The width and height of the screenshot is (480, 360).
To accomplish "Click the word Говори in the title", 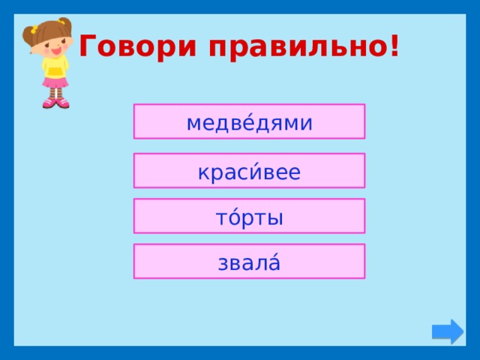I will pyautogui.click(x=137, y=47).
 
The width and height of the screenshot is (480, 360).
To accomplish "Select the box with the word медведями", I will pyautogui.click(x=249, y=121).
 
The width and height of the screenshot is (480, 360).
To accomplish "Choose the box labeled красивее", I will pyautogui.click(x=249, y=172).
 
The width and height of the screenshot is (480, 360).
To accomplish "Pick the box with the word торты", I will pyautogui.click(x=249, y=217).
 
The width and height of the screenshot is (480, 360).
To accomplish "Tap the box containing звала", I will pyautogui.click(x=249, y=262).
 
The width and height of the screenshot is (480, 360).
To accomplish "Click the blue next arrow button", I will pyautogui.click(x=448, y=331).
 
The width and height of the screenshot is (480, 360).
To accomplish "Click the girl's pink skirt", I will pyautogui.click(x=55, y=83).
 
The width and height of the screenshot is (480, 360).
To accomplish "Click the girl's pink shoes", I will pyautogui.click(x=55, y=103).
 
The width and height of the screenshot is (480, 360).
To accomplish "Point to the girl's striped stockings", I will pyautogui.click(x=55, y=93).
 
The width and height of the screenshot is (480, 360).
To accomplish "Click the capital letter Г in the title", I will pyautogui.click(x=88, y=47).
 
